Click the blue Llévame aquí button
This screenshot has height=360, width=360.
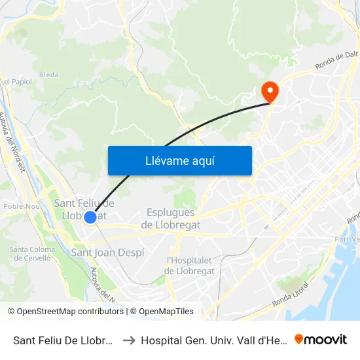pos(179,160)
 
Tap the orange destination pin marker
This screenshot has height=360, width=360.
pos(269,91)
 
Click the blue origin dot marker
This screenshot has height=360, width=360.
pos(91,217)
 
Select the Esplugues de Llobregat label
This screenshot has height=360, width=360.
pos(171,219)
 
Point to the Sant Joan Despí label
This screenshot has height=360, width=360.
pos(107,253)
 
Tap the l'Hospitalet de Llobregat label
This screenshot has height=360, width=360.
pos(190,266)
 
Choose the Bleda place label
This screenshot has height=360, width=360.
pos(48,75)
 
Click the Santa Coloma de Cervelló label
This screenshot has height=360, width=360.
pos(31,253)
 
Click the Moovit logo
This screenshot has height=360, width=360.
pos(321,339)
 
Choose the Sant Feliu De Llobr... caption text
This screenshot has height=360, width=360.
pos(64,340)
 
